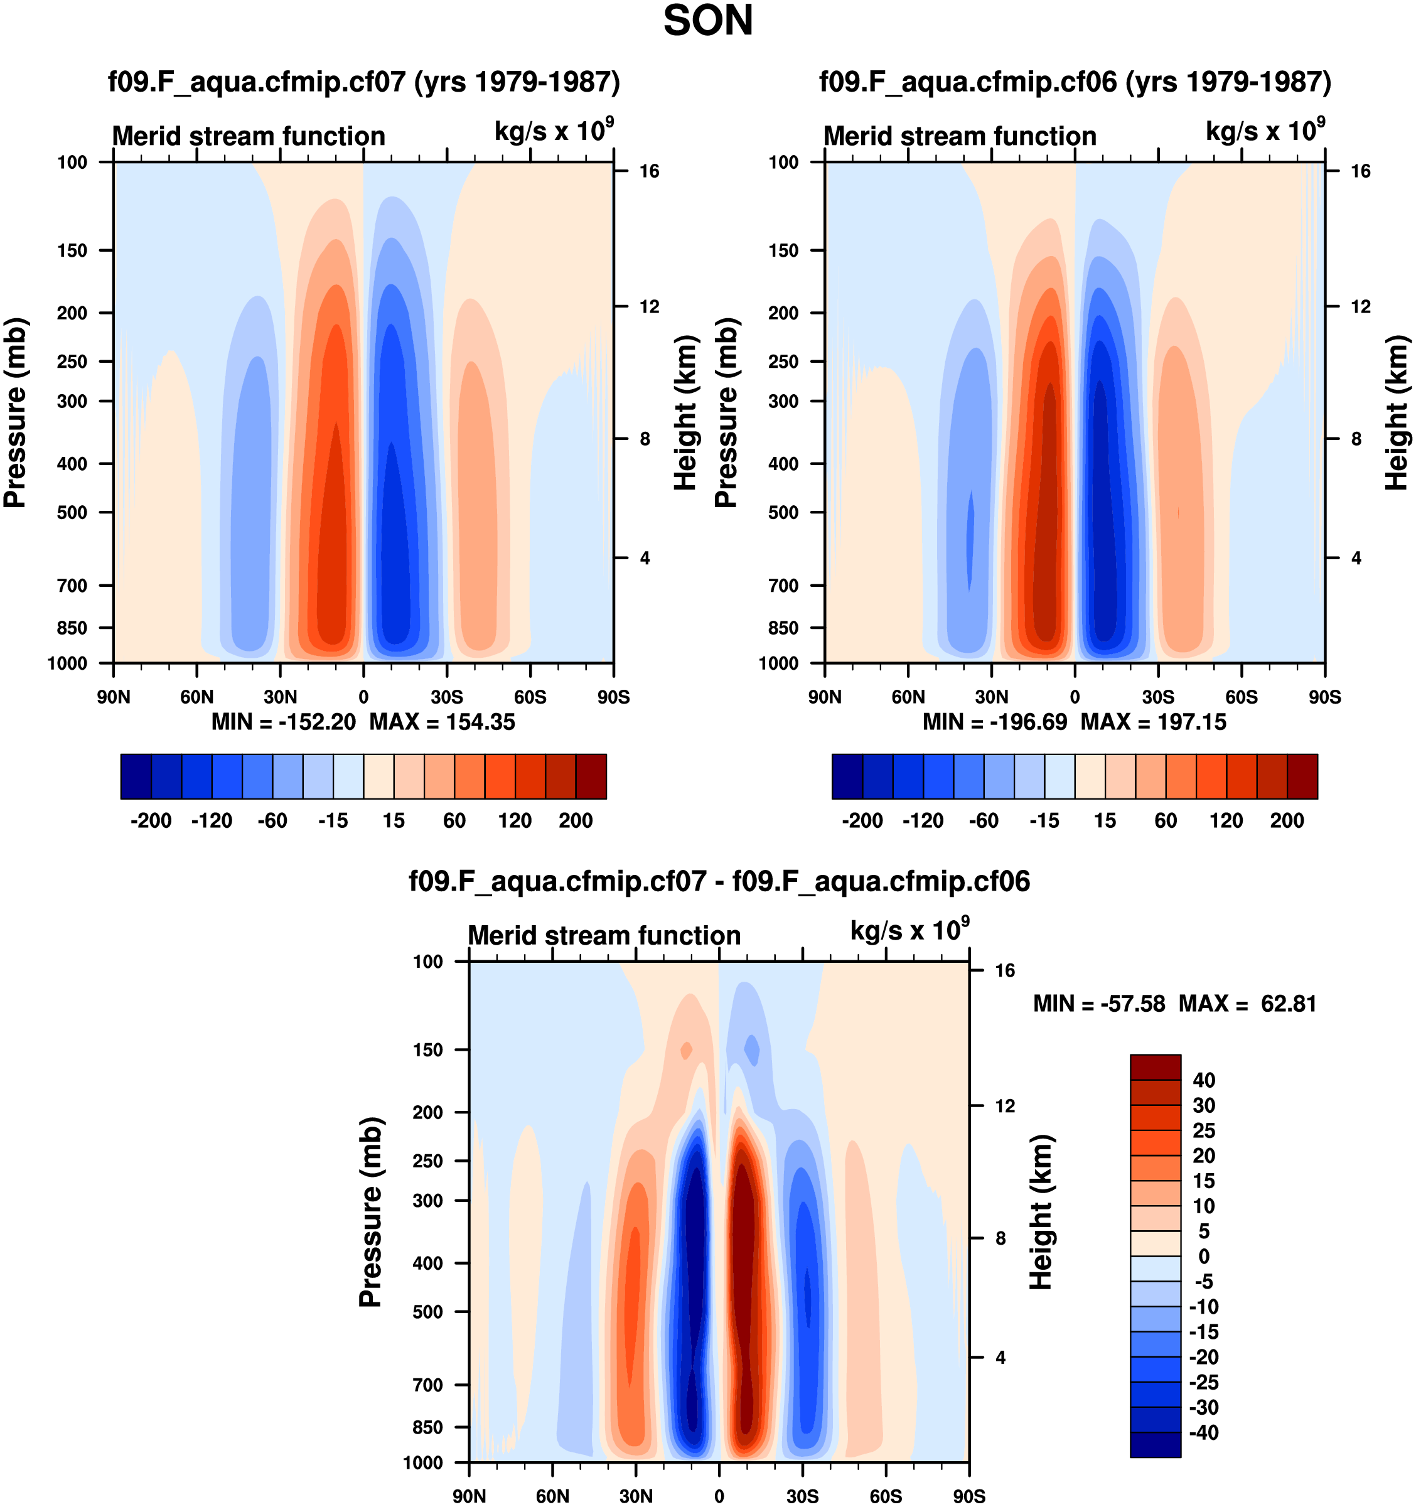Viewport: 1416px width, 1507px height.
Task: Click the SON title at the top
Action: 708,21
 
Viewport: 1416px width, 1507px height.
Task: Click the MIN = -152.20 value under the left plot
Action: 284,722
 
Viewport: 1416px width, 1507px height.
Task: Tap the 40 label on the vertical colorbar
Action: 1204,1080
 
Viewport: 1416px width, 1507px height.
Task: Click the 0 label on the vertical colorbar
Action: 1204,1257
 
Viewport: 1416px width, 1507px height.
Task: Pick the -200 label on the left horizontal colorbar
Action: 151,820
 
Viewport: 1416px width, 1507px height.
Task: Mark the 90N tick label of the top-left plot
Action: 114,697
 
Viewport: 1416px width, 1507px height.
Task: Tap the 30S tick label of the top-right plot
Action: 1157,697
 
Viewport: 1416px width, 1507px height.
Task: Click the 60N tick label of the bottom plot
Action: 552,1496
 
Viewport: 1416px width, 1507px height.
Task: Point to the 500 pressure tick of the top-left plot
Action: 72,512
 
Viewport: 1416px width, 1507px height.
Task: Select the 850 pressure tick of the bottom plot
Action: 427,1427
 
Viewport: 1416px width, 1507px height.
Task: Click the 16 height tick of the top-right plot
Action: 1361,171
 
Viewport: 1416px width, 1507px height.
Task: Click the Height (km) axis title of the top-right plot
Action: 1397,412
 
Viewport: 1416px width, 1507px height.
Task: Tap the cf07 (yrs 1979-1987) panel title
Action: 364,81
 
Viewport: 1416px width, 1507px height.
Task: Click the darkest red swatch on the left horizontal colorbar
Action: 591,776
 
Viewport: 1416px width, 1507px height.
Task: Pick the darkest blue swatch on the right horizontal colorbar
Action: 847,776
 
